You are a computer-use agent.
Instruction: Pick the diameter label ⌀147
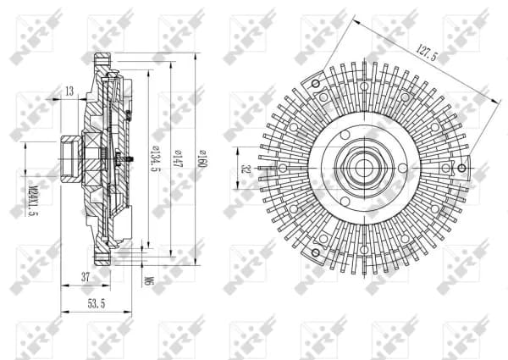click(x=178, y=158)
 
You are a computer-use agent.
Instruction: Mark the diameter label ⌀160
click(x=202, y=158)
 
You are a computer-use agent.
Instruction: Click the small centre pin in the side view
click(x=128, y=158)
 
